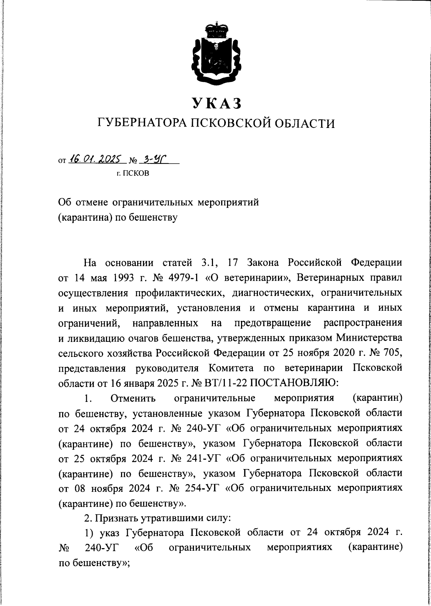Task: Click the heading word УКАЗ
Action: click(x=215, y=103)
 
